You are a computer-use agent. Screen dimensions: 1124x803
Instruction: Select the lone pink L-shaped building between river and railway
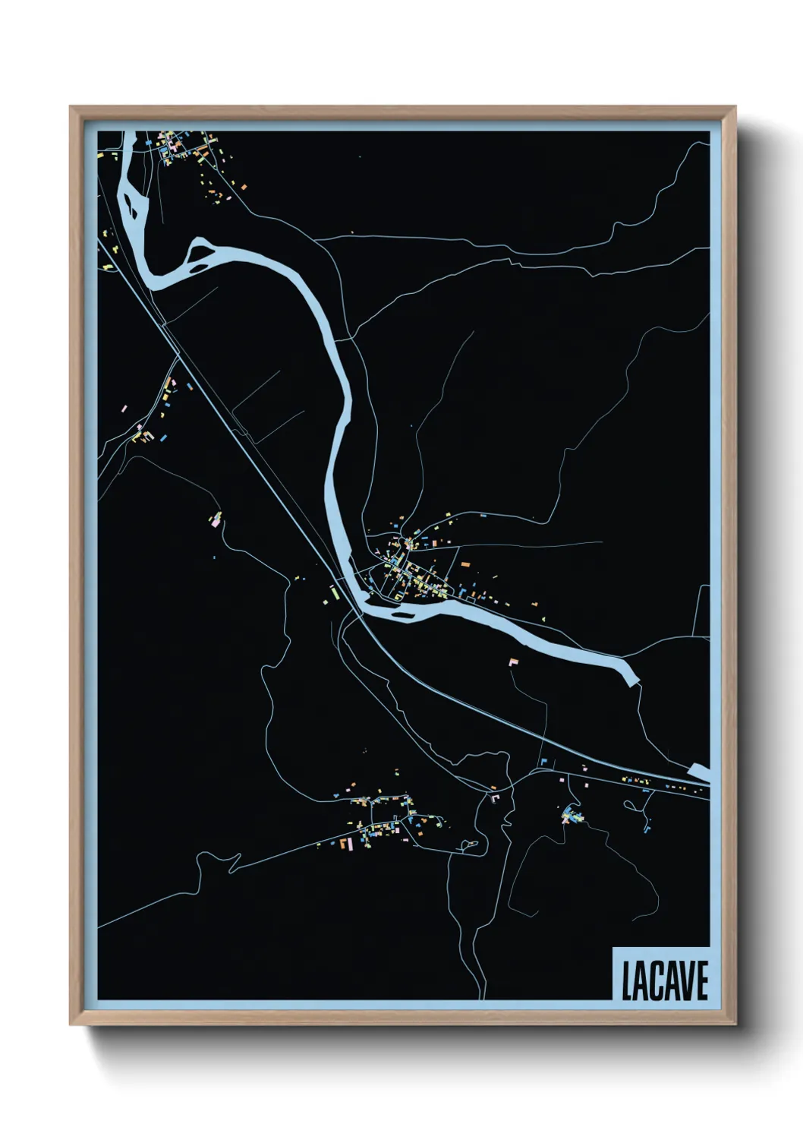[x=514, y=662]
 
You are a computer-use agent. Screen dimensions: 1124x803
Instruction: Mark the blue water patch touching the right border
[x=700, y=774]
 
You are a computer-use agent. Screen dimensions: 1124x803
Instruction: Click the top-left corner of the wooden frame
[x=71, y=107]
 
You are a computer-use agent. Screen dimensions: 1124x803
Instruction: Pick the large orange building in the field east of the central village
[x=465, y=565]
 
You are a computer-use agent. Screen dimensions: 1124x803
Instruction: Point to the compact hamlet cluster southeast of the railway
[x=571, y=817]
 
